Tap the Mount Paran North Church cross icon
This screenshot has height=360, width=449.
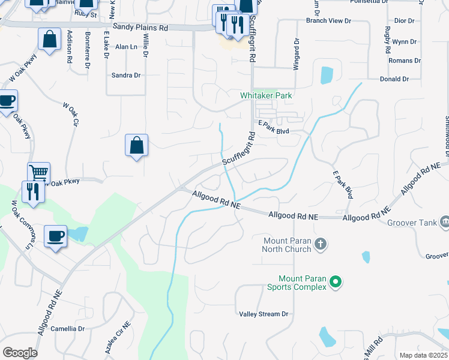click(x=321, y=244)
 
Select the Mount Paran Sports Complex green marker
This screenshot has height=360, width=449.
click(x=336, y=281)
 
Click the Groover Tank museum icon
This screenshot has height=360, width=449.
click(x=445, y=223)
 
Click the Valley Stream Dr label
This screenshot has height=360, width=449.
click(x=264, y=314)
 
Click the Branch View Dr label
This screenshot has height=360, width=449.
click(x=328, y=21)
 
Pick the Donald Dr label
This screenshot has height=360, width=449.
click(x=394, y=79)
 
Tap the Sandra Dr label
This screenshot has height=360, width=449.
click(x=126, y=75)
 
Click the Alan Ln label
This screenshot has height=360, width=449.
click(x=127, y=46)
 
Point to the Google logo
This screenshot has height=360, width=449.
click(x=20, y=353)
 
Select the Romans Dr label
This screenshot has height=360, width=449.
click(x=404, y=61)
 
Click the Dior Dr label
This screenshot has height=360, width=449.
click(x=403, y=21)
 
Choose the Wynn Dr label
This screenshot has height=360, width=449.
click(x=404, y=42)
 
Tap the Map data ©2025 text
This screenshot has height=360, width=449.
click(x=423, y=355)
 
